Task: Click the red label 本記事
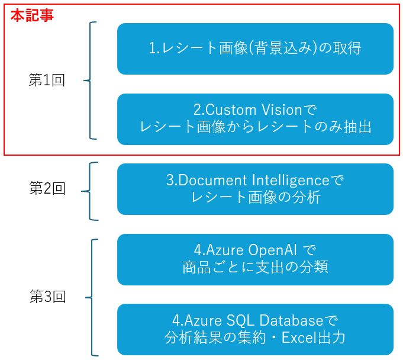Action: (32, 15)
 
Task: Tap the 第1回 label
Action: (47, 80)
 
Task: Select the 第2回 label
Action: (47, 188)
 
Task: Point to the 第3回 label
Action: (48, 296)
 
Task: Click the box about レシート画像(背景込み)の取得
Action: (255, 49)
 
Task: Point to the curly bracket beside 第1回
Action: (90, 81)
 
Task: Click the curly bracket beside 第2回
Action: (90, 191)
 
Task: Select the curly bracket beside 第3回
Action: (92, 297)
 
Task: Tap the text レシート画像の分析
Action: (256, 198)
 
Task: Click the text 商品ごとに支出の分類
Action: (255, 267)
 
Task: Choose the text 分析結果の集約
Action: (215, 337)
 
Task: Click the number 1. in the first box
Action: (154, 48)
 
